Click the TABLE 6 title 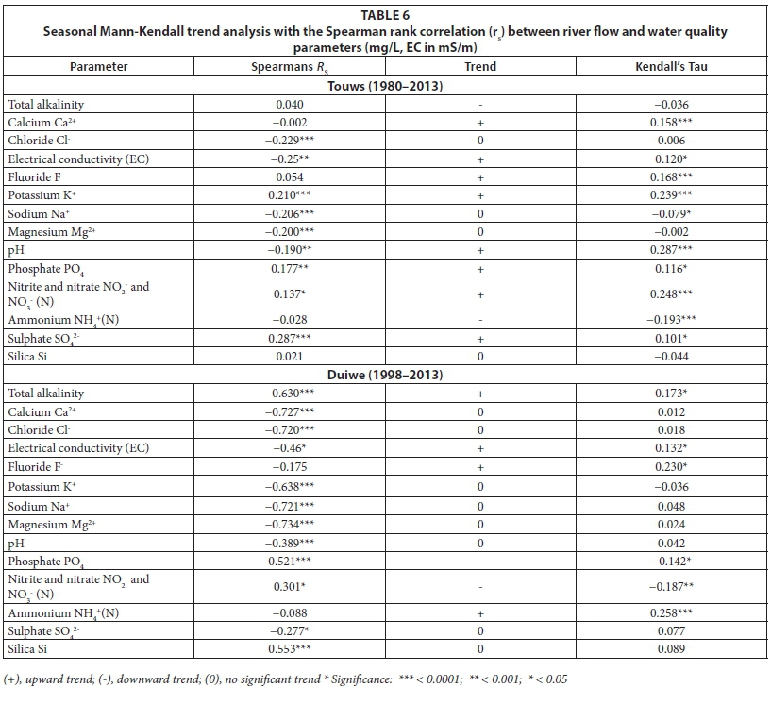[x=386, y=15]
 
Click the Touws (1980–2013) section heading [x=385, y=86]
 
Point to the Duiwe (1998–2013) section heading [x=385, y=375]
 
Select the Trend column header [x=480, y=67]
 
